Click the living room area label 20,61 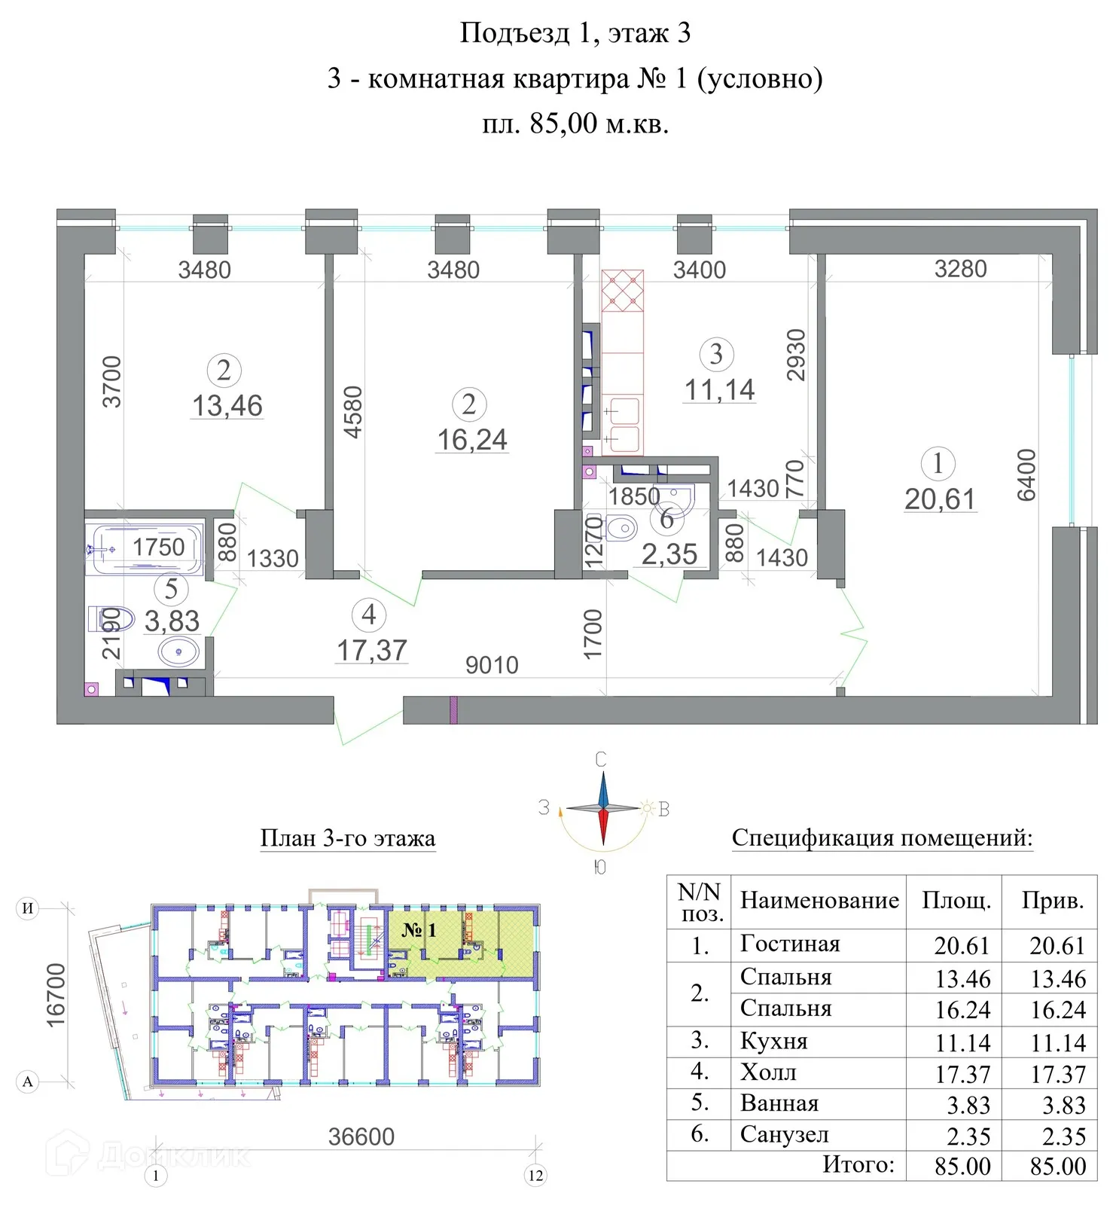[940, 499]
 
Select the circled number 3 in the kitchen [716, 354]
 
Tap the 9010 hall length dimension [492, 665]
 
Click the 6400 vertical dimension [1026, 475]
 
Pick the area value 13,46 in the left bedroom [227, 406]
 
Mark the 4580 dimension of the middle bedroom [353, 412]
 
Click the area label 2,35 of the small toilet [669, 554]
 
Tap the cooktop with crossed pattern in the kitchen [623, 291]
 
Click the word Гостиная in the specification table [789, 944]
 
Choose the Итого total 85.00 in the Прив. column [1058, 1166]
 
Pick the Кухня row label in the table [773, 1041]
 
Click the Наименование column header [819, 900]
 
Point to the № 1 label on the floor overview [419, 930]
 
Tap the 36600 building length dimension [361, 1136]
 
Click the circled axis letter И [27, 908]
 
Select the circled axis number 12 [535, 1176]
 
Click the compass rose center [602, 809]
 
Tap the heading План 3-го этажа [347, 838]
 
